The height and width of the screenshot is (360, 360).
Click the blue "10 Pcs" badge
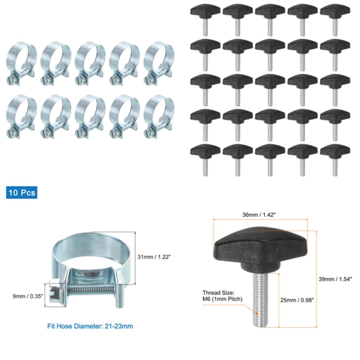[x=22, y=193]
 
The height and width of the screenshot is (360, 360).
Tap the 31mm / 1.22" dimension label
[x=154, y=257]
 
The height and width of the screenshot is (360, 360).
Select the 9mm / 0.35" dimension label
[x=28, y=296]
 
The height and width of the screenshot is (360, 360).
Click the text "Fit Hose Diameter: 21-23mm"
[x=90, y=326]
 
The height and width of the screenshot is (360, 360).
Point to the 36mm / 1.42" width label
[x=259, y=215]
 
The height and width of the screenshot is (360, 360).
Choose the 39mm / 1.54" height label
[x=335, y=279]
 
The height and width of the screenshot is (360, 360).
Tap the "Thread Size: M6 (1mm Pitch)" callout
[x=222, y=296]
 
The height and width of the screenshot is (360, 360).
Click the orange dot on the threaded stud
[x=257, y=313]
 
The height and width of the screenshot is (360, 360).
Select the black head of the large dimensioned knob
[x=260, y=247]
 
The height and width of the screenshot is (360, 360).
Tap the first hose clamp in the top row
[x=21, y=63]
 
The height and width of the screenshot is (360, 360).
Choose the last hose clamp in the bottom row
[x=159, y=117]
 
